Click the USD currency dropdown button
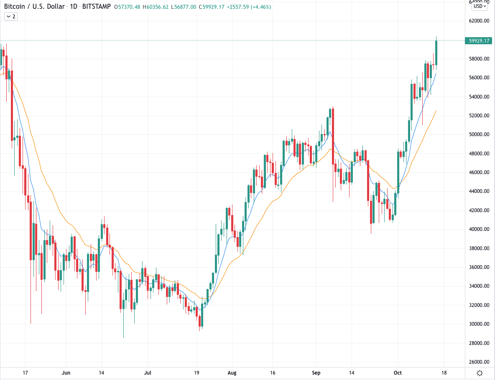(x=480, y=6)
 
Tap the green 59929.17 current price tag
(x=478, y=41)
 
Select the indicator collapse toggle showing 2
(x=10, y=16)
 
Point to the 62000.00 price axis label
(x=478, y=21)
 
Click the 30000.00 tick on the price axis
(x=478, y=324)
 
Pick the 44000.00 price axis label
(x=478, y=191)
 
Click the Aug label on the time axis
(x=230, y=372)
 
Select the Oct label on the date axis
(x=398, y=372)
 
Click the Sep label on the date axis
(x=316, y=372)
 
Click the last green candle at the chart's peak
(x=436, y=53)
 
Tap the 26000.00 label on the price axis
(x=478, y=362)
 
